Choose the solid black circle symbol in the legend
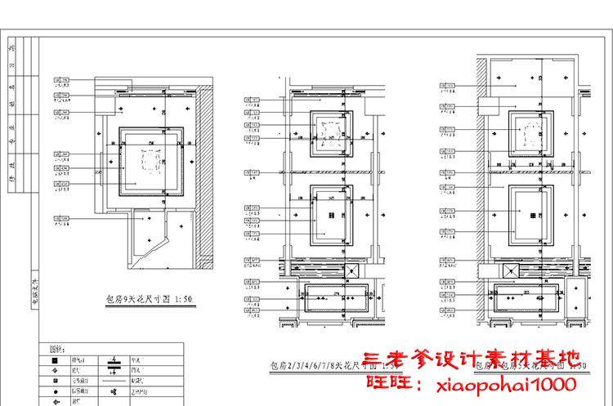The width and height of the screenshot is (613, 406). point(53,391)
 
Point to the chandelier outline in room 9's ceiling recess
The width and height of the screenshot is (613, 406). point(150,161)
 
